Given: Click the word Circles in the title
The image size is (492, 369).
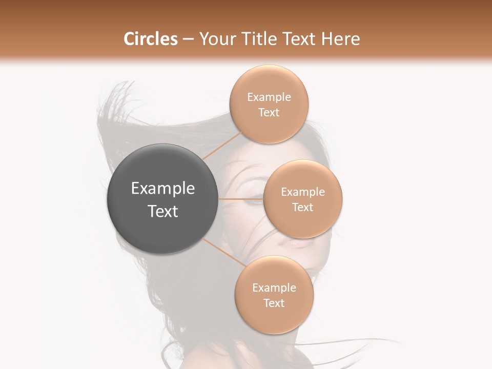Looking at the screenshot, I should coord(150,39).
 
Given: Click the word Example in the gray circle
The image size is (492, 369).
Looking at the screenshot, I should coord(163,189).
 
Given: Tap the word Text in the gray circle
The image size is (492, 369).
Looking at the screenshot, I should coord(163,211).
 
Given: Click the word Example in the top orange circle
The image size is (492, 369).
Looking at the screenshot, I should coord(269,97).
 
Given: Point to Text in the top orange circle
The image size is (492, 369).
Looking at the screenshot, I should coord(269,113).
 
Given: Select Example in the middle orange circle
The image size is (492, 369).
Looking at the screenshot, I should coord(303,192).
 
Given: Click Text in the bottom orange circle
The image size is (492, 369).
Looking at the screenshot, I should coord(274,303).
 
